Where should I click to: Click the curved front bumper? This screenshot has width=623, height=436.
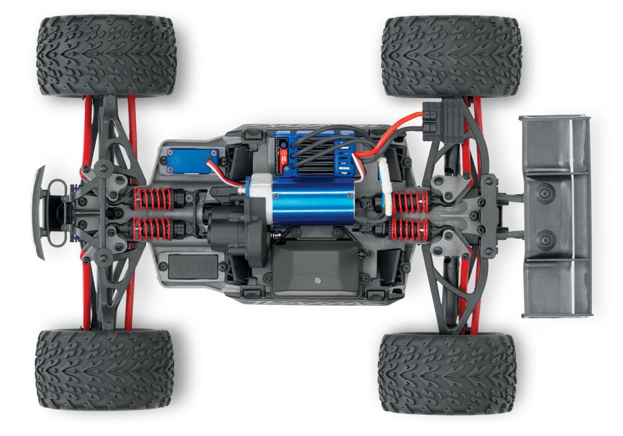point(39,212)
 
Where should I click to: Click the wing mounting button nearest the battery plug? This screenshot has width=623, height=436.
point(546,194)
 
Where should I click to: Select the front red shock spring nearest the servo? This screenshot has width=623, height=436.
point(150,199)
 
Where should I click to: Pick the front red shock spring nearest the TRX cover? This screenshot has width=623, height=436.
point(150,229)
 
